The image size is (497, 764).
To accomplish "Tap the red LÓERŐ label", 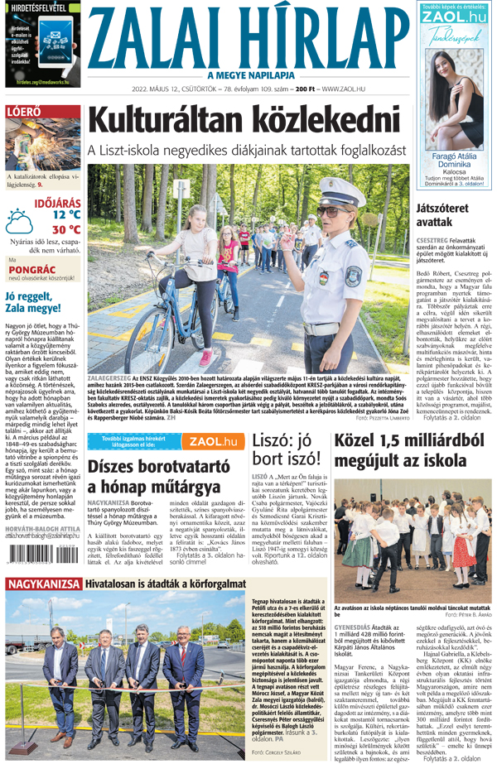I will [x=25, y=113].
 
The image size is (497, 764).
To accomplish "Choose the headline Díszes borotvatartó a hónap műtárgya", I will [x=157, y=475].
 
